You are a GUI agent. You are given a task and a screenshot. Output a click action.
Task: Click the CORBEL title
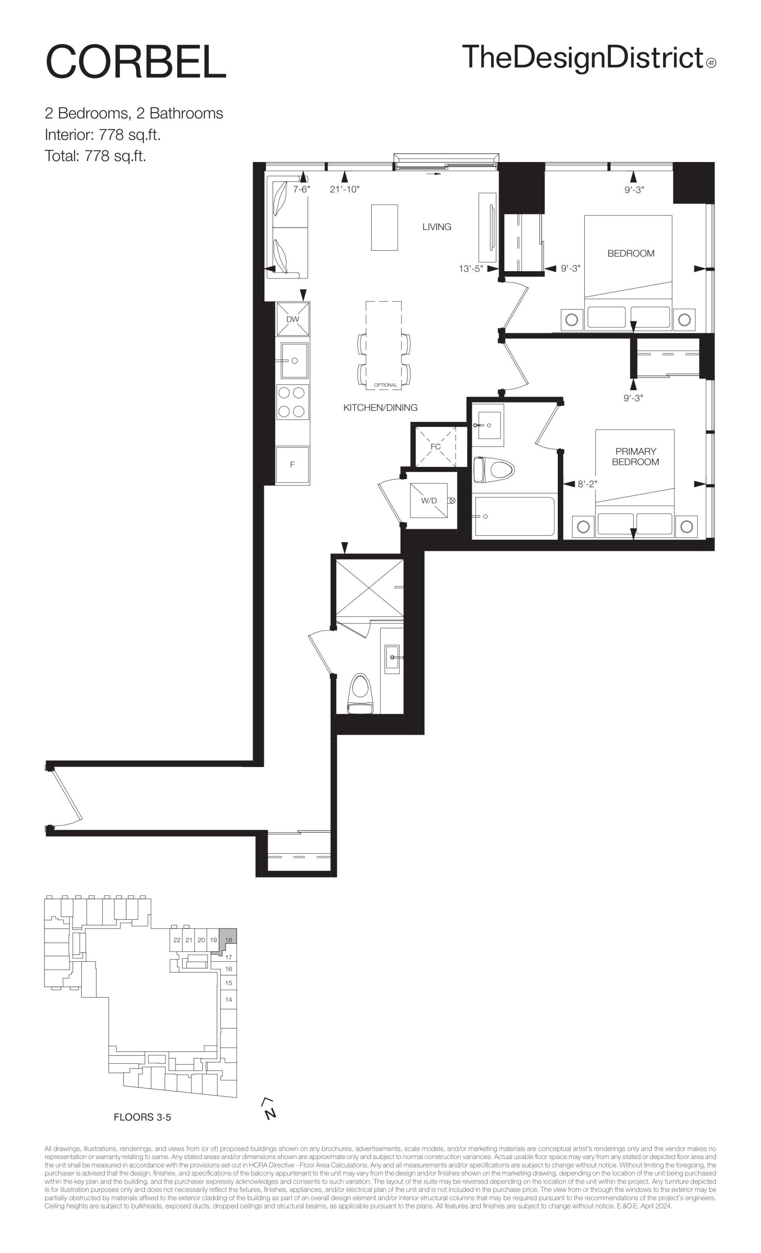pos(135,62)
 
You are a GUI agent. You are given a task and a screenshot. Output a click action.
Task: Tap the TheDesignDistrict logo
pos(589,57)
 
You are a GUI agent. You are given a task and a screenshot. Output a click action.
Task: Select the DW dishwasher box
pos(292,319)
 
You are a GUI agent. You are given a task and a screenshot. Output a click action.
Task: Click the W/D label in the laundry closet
pos(429,500)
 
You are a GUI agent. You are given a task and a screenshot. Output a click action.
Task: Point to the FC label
pos(435,446)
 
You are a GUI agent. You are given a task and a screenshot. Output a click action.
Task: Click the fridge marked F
pos(292,465)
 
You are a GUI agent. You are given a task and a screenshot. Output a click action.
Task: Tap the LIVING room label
pos(436,227)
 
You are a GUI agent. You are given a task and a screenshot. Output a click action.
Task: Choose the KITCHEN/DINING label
pos(380,407)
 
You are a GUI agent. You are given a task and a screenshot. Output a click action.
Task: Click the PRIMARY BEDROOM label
pos(635,457)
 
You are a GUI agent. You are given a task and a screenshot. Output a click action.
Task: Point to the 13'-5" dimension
pos(471,269)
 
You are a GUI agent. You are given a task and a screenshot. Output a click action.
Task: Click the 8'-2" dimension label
pos(587,485)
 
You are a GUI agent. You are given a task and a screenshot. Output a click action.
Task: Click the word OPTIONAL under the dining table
pos(385,385)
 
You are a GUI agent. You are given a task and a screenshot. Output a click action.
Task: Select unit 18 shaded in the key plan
pos(229,939)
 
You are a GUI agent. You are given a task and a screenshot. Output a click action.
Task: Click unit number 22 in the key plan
pos(176,940)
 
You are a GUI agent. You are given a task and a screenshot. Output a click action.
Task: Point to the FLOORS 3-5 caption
pos(143,1117)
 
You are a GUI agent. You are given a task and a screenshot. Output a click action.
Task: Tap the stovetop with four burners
pos(292,402)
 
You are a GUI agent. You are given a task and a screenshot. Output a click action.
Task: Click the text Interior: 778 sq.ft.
pos(103,135)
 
